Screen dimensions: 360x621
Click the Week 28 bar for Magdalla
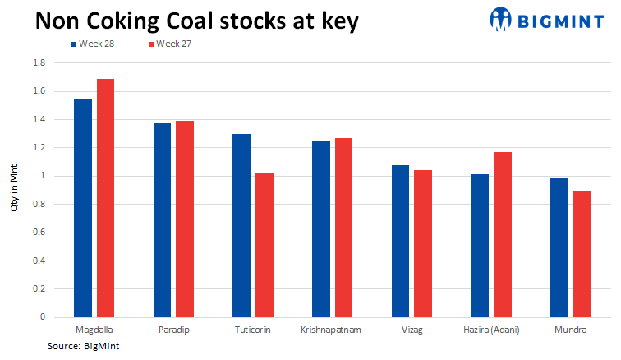(x=83, y=208)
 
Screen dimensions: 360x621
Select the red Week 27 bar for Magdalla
(x=106, y=198)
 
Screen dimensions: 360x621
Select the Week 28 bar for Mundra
(x=559, y=247)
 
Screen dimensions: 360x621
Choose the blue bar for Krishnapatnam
(x=321, y=229)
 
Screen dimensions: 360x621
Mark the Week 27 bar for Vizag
(x=423, y=243)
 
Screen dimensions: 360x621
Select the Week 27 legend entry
(x=173, y=44)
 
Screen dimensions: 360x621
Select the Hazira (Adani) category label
(x=490, y=330)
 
